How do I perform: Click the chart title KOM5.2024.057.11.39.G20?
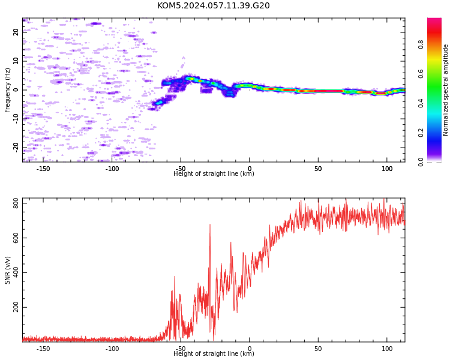[213, 5]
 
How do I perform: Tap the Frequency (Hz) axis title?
[7, 91]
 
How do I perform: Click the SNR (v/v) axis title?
[7, 270]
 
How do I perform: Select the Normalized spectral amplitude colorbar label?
[445, 90]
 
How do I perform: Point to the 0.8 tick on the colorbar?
[421, 44]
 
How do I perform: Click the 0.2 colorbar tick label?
[421, 133]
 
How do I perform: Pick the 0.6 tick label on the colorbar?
[421, 74]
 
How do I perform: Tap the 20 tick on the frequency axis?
[16, 32]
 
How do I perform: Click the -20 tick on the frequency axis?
[16, 148]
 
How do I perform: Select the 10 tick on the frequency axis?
[16, 61]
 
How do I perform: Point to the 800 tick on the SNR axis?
[16, 203]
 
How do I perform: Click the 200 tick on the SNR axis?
[16, 307]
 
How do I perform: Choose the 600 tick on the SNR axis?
[16, 238]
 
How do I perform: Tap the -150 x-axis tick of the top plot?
[43, 169]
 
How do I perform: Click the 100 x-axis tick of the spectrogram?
[387, 169]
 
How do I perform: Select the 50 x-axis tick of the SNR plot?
[318, 349]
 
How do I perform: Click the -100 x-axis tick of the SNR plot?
[112, 349]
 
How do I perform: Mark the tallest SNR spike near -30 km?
[210, 225]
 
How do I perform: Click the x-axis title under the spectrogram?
[214, 173]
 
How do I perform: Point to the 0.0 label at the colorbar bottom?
[421, 162]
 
